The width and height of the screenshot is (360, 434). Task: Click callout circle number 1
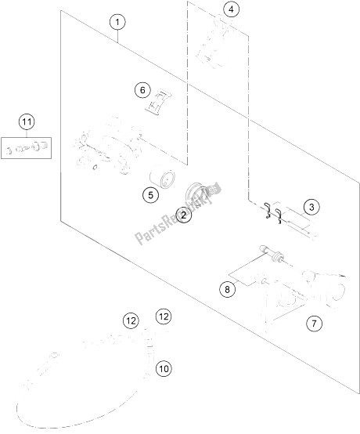click(117, 22)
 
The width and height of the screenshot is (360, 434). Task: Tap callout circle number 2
click(184, 215)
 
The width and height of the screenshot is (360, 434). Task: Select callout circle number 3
click(311, 207)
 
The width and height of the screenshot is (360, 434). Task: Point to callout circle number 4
click(231, 9)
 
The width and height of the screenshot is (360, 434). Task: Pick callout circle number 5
click(150, 195)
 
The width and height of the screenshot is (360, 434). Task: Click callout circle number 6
click(142, 90)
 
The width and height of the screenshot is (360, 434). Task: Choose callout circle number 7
click(314, 323)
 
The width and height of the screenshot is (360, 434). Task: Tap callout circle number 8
click(227, 290)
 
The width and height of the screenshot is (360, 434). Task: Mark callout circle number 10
click(164, 369)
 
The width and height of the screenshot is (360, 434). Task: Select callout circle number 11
click(27, 121)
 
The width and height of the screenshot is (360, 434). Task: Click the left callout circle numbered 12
click(131, 321)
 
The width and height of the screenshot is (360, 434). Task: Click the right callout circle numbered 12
click(164, 316)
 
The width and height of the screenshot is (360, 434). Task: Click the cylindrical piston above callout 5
click(162, 179)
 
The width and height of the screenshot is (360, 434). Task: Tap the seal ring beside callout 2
click(196, 191)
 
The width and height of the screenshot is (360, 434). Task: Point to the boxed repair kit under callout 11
click(27, 148)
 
